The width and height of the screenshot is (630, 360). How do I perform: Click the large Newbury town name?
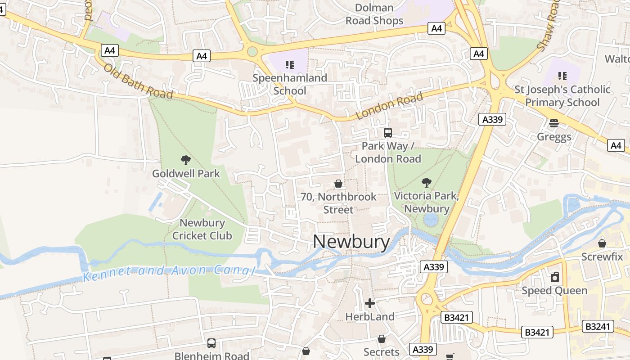(x=351, y=242)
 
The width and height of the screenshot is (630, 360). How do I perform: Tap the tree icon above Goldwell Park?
(x=185, y=160)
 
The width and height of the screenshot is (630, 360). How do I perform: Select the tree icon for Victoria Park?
(x=426, y=182)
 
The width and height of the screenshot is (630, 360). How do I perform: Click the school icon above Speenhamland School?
(x=290, y=64)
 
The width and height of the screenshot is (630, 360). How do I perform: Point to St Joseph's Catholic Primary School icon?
(x=562, y=76)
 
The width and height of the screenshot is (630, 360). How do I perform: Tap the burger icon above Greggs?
(x=554, y=123)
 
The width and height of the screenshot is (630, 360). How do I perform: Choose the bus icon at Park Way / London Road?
(x=388, y=132)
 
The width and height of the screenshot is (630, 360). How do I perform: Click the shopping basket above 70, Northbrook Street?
(x=338, y=184)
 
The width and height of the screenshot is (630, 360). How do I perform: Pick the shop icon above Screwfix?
(x=602, y=243)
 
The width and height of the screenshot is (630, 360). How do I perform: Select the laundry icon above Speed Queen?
(x=555, y=277)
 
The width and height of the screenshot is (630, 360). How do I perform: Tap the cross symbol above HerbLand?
(x=370, y=303)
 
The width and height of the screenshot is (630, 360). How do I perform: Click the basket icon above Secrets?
(x=382, y=339)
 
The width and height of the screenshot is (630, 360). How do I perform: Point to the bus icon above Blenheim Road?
(x=211, y=343)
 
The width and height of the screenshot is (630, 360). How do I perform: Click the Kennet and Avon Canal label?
(x=169, y=271)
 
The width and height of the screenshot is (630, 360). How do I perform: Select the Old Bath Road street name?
(x=138, y=81)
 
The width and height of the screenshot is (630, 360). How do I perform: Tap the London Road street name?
(x=390, y=106)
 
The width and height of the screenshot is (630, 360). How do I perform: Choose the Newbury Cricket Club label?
(x=202, y=229)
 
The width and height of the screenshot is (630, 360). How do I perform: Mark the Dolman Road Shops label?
(x=374, y=14)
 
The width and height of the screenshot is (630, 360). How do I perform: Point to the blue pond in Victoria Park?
(x=431, y=220)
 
